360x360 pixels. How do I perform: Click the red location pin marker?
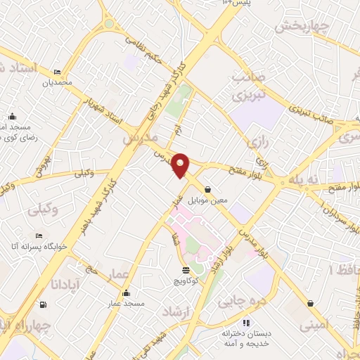(x=181, y=165)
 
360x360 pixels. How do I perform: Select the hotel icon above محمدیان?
(x=57, y=72)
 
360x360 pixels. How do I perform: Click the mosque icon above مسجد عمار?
(x=126, y=293)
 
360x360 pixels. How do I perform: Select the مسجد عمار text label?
(x=125, y=304)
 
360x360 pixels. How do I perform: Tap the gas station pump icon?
(x=44, y=304)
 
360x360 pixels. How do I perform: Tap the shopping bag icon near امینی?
(x=310, y=304)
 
